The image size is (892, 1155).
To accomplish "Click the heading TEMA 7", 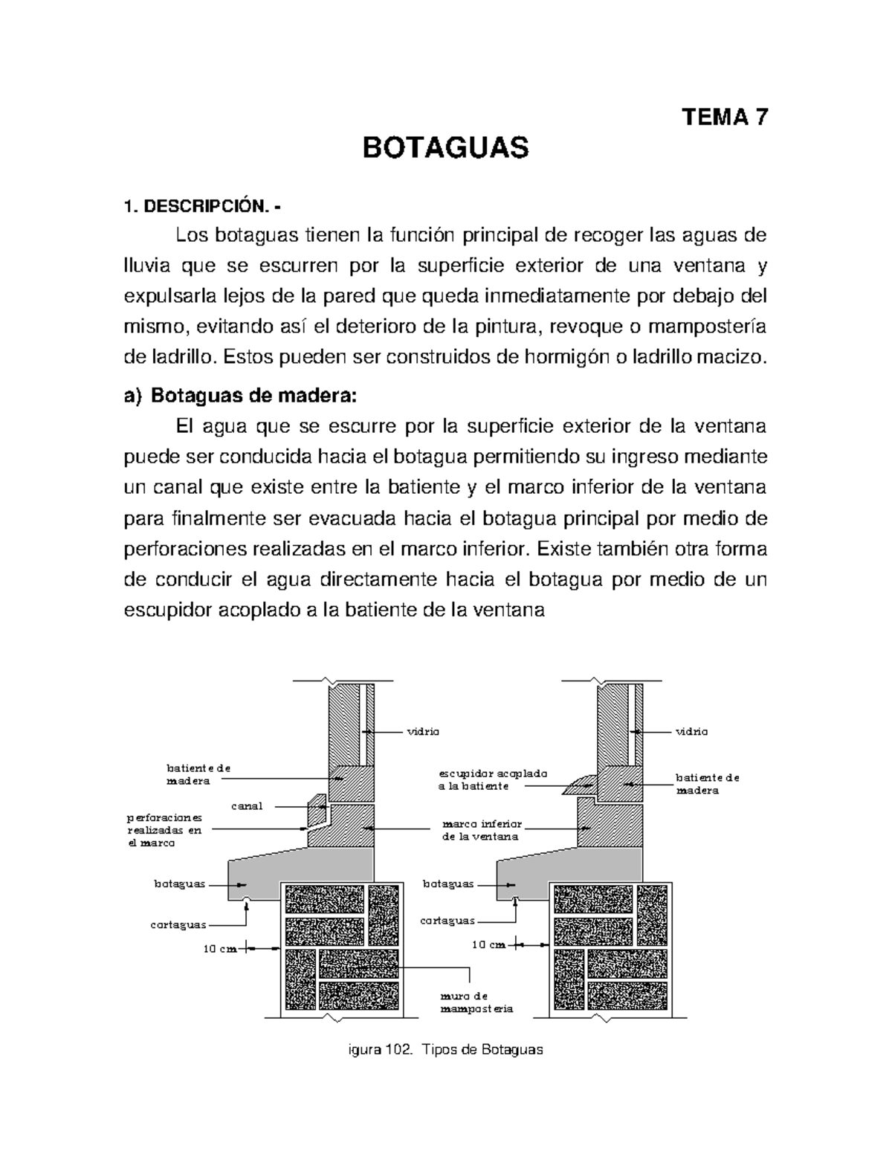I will (x=725, y=117).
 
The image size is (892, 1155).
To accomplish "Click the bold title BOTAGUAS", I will (x=445, y=149).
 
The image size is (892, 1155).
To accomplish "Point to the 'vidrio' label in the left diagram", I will (x=422, y=731).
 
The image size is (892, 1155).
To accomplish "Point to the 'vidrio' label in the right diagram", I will (x=691, y=731).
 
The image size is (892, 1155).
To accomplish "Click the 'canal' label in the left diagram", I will (x=248, y=805).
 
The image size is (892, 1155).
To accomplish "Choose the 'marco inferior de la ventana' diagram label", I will (x=482, y=830).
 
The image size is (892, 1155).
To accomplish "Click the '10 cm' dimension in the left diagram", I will (x=220, y=949).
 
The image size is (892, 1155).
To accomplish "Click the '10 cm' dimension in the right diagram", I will (x=488, y=945).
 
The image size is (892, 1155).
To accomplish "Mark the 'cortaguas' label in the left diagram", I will (x=178, y=924).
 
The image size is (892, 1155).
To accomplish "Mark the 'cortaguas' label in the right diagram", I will (x=447, y=920).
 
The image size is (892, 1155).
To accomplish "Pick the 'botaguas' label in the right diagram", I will (x=448, y=884).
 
